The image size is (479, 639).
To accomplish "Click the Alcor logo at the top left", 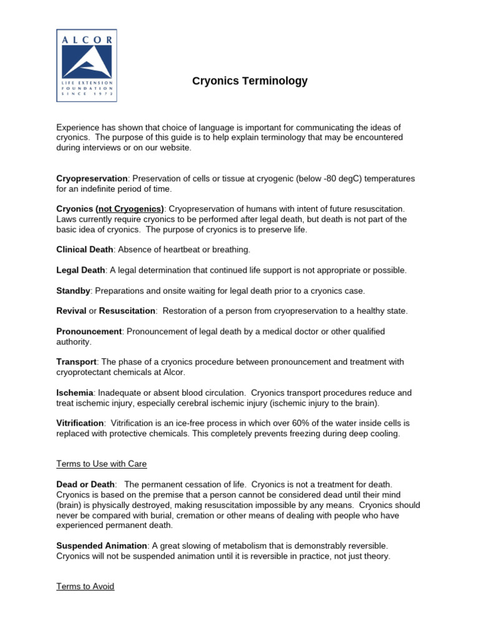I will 85,66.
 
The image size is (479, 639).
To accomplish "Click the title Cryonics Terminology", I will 249,81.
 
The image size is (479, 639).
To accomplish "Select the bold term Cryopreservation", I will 92,178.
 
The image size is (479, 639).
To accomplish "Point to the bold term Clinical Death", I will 85,250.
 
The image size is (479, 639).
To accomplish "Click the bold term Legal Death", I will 80,270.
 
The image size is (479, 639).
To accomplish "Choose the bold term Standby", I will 74,291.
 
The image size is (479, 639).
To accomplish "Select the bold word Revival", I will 71,311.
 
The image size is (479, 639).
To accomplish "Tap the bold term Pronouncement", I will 89,331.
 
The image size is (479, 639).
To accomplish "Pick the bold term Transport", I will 76,362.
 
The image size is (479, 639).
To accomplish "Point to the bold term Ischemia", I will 75,393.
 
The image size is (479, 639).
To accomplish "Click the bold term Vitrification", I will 80,423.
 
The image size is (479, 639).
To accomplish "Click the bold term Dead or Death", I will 85,484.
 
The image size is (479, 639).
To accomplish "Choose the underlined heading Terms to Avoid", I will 85,587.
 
